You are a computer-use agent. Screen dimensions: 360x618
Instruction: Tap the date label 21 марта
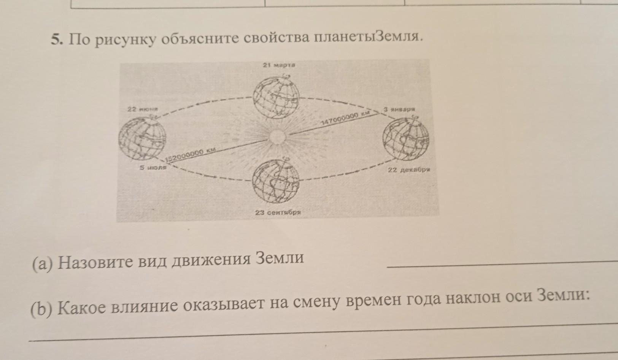click(279, 65)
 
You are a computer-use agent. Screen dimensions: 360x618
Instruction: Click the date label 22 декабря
click(408, 170)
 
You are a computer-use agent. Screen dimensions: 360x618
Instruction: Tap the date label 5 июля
click(153, 167)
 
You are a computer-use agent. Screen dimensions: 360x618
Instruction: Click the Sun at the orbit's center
click(276, 136)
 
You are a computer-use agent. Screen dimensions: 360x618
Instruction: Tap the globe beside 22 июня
click(142, 138)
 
